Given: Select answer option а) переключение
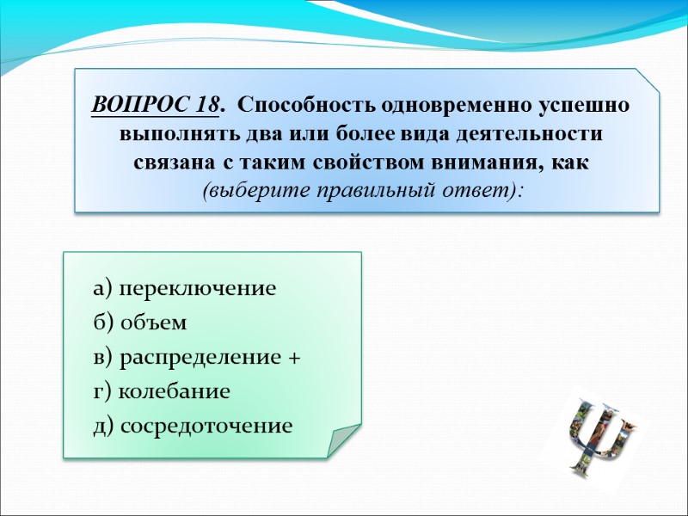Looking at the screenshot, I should pos(185,288).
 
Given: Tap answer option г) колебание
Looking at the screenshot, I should pos(162,391).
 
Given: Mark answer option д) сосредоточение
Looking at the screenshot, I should pos(193,426).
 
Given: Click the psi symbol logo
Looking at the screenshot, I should pos(599,434).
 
